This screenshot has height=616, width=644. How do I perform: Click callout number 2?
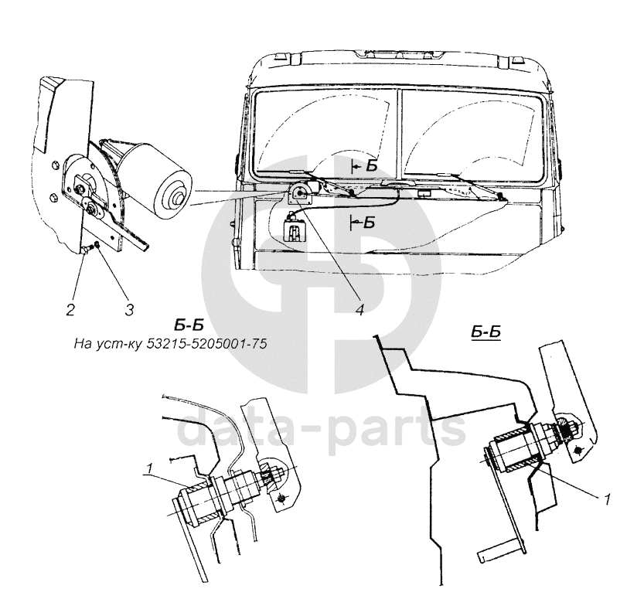click(x=70, y=310)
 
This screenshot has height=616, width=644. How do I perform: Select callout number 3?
click(x=128, y=310)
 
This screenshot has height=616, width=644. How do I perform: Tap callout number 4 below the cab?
click(x=360, y=310)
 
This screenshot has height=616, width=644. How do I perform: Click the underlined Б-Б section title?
click(x=486, y=332)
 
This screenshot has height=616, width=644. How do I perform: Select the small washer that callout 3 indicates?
click(x=94, y=247)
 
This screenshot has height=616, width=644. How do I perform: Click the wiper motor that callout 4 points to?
click(x=299, y=194)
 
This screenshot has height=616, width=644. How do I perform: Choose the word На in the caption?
click(x=82, y=345)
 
